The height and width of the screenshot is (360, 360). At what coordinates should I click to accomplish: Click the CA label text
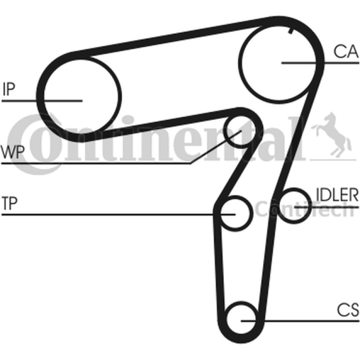pos(346,51)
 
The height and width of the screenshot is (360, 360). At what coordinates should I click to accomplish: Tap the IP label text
pos(9,89)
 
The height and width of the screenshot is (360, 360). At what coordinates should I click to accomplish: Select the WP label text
pos(13,152)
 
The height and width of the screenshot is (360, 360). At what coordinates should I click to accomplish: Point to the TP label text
pos(9,203)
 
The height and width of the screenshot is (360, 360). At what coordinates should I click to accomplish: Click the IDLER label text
pos(337,194)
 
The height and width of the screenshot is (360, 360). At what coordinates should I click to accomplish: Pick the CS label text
pos(348,310)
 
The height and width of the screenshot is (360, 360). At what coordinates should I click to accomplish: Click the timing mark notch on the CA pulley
pos(291,30)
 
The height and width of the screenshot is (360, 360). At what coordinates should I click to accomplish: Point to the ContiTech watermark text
pos(305,209)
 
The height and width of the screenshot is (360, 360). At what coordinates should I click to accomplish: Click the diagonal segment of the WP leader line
pos(216,147)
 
